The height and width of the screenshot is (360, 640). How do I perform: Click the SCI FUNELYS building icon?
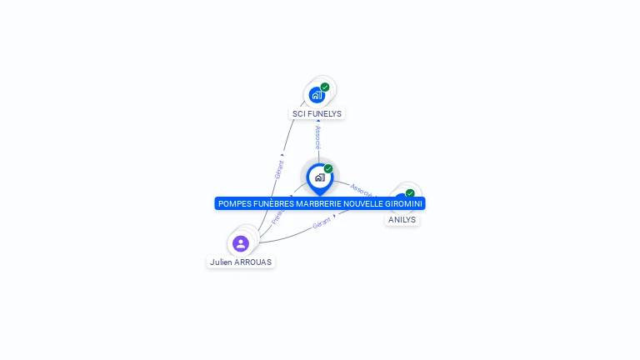tap(317, 95)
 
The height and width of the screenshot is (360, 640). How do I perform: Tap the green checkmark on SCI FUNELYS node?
tap(325, 87)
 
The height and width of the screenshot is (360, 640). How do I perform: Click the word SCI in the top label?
tap(299, 113)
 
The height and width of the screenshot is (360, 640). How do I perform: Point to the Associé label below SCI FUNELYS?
tap(317, 137)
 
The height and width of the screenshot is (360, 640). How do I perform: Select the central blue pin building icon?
tap(319, 177)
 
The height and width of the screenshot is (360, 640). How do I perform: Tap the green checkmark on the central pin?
tap(328, 168)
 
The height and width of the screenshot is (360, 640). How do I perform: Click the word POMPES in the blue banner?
tap(235, 203)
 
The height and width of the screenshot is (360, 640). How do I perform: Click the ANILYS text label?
tap(402, 219)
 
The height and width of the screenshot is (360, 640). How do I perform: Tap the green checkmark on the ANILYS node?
tap(410, 193)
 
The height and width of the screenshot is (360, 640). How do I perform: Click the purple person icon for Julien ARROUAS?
tap(241, 243)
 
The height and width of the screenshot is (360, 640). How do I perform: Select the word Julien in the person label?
tap(221, 262)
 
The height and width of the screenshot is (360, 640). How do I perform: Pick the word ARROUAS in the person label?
tap(252, 262)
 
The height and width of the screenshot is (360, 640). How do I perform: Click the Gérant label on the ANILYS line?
tap(322, 223)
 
